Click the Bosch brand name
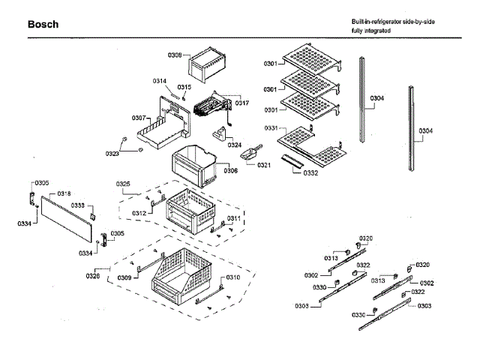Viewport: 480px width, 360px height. pos(43,25)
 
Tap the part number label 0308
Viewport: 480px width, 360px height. pos(175,55)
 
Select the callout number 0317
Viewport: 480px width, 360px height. pos(242,103)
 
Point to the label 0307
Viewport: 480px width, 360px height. pos(139,118)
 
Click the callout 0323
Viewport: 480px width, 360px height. pos(112,154)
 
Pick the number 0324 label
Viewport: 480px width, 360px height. pos(235,145)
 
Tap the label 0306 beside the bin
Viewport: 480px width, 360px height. pos(231,170)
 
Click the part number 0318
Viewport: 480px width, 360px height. pos(64,193)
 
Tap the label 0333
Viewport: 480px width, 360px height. pos(78,205)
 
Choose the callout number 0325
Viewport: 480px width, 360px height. pos(124,184)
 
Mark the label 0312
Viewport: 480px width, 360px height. pos(139,213)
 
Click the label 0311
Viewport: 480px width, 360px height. pos(234,218)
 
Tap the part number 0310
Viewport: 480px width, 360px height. pos(234,277)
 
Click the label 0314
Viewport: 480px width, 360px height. pos(160,81)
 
